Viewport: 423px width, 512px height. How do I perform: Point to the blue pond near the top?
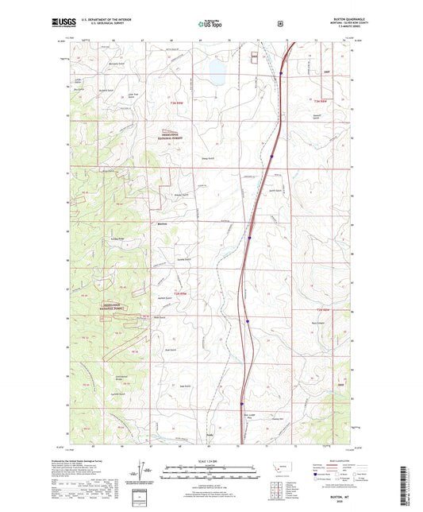215,72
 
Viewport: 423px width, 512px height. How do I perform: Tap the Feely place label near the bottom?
210,435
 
